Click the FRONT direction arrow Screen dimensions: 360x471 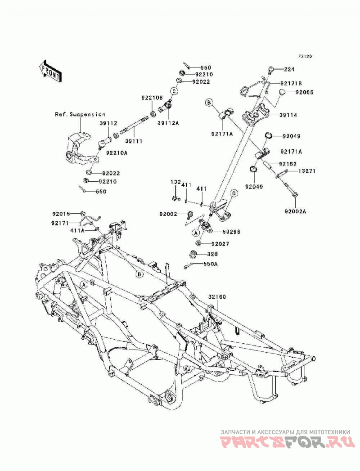pyautogui.click(x=50, y=71)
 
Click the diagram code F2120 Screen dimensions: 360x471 pyautogui.click(x=305, y=56)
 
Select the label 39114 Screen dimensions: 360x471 pyautogui.click(x=288, y=115)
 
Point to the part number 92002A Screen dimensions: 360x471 pyautogui.click(x=295, y=211)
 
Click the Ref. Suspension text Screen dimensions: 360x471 pyautogui.click(x=80, y=114)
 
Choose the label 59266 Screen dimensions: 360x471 pyautogui.click(x=231, y=232)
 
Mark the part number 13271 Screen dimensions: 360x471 pyautogui.click(x=307, y=171)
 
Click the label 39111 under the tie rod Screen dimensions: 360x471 pyautogui.click(x=134, y=141)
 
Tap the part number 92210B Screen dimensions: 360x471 pyautogui.click(x=152, y=98)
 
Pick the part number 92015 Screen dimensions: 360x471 pyautogui.click(x=61, y=214)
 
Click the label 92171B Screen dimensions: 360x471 pyautogui.click(x=291, y=83)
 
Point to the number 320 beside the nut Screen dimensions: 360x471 pyautogui.click(x=212, y=254)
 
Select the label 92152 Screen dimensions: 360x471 pyautogui.click(x=288, y=164)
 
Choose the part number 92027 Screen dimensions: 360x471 pyautogui.click(x=220, y=244)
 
